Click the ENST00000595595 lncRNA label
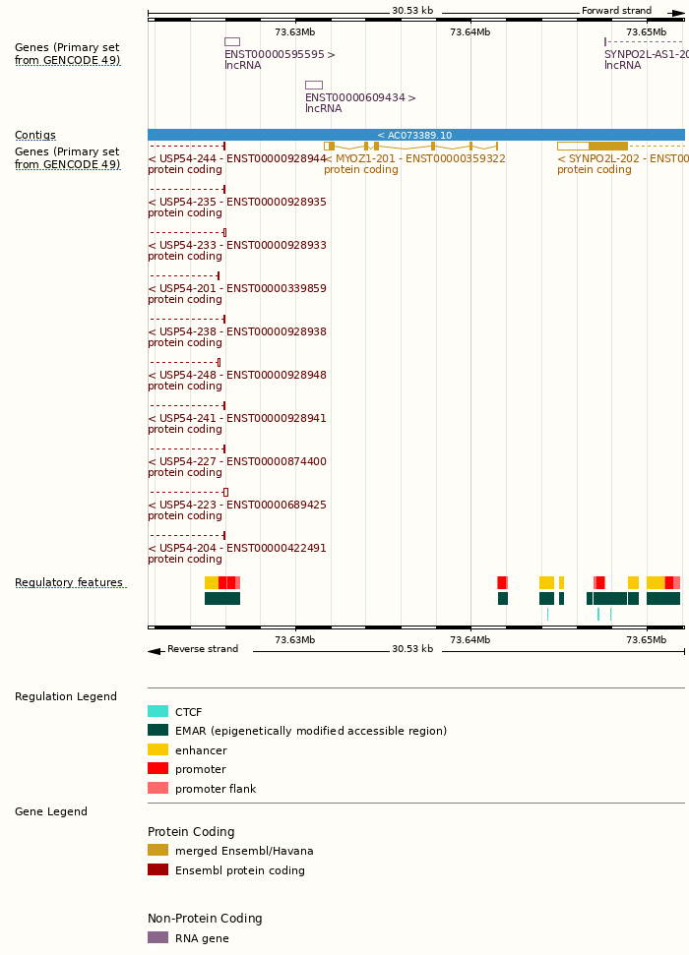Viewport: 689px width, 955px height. click(280, 55)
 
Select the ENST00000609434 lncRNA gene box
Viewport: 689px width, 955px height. click(313, 86)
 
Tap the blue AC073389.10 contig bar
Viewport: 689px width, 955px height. click(415, 135)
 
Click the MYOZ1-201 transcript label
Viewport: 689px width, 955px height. click(414, 159)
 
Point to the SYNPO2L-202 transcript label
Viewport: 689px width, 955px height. click(620, 159)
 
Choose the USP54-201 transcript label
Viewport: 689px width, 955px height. click(236, 289)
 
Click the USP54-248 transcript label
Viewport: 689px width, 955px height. click(236, 376)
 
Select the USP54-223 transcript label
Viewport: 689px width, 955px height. click(236, 506)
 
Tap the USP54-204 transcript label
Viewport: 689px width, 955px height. click(236, 549)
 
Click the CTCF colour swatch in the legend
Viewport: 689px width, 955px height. click(157, 712)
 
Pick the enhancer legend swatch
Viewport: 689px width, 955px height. click(157, 749)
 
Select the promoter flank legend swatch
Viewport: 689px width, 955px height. click(157, 788)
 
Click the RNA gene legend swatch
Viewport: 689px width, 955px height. click(157, 938)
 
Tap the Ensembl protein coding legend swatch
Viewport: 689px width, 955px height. click(157, 869)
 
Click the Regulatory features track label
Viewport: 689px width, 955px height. click(69, 583)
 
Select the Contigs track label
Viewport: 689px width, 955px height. click(35, 136)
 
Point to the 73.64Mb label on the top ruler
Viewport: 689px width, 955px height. click(470, 32)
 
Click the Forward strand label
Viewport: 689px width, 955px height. click(616, 11)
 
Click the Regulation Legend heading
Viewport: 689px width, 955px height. click(66, 697)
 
